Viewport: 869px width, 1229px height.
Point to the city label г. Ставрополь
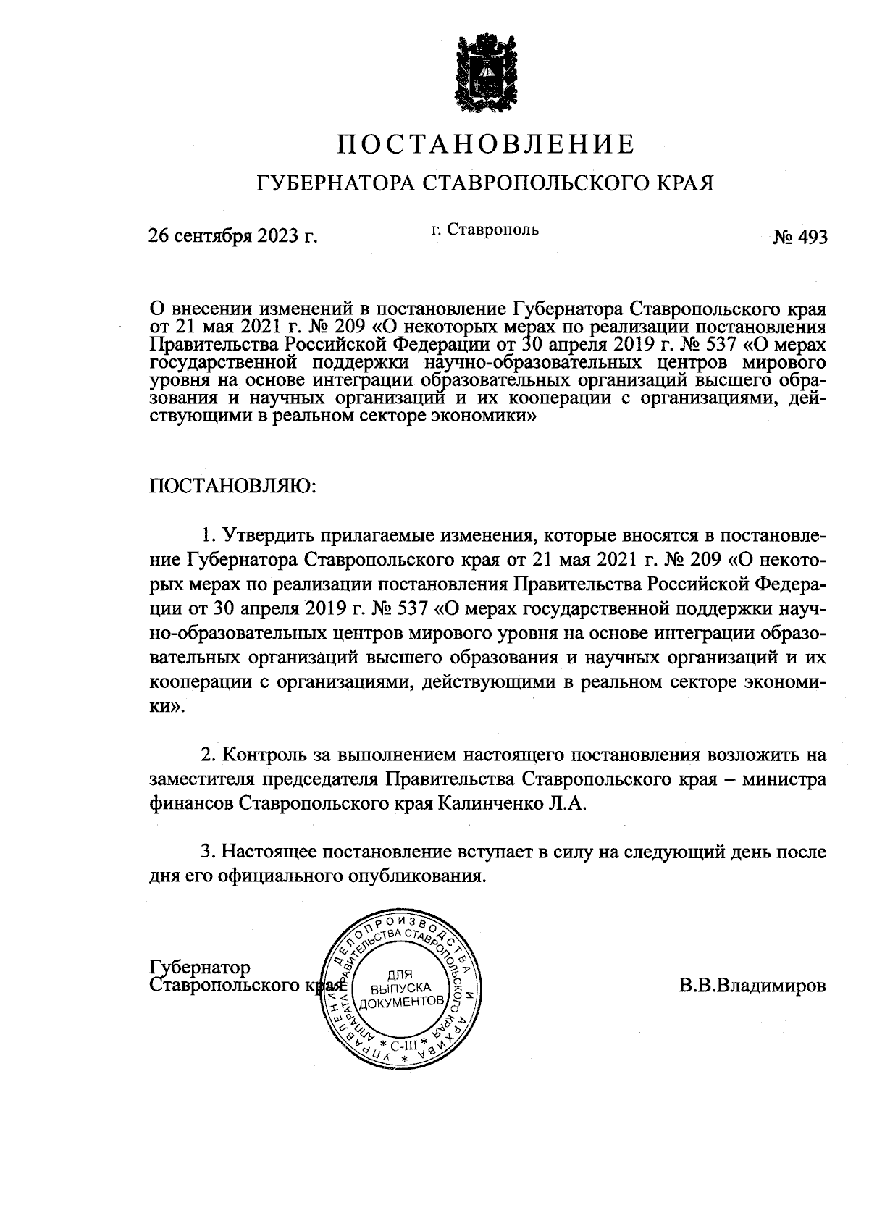[x=484, y=230]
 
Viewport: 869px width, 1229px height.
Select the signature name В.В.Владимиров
[x=752, y=986]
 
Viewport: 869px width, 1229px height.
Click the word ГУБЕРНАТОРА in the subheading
[x=335, y=183]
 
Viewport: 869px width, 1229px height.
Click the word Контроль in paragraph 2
[x=265, y=755]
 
